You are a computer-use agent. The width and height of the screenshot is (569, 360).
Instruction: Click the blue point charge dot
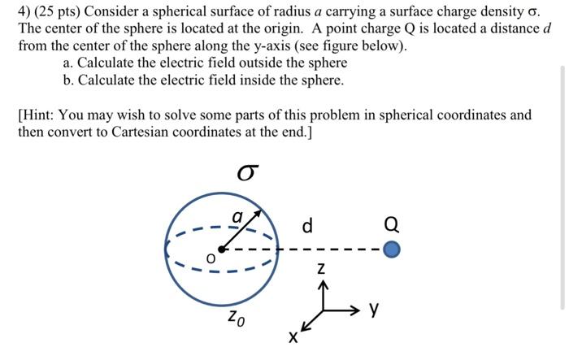coord(392,249)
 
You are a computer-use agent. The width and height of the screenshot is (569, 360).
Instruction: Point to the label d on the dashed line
coord(307,225)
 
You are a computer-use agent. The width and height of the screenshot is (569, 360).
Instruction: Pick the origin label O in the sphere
coord(210,258)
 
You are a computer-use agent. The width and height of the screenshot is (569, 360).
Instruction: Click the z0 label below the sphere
coord(234,316)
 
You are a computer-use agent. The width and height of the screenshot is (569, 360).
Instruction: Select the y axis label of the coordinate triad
coord(374,309)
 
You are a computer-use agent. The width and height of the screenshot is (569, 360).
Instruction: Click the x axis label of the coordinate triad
coord(293,336)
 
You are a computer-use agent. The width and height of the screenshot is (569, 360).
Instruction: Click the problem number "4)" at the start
coord(25,11)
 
